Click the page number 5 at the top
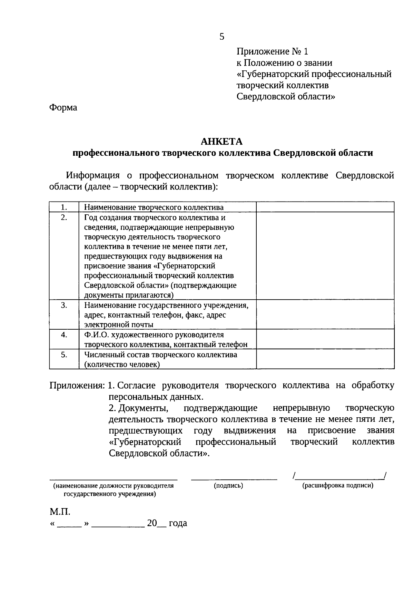[221, 37]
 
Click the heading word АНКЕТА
[222, 142]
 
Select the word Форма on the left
[63, 108]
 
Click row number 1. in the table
[64, 207]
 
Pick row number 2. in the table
[64, 217]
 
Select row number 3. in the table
[64, 305]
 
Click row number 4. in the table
[64, 335]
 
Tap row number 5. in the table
[64, 354]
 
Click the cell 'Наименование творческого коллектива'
[154, 207]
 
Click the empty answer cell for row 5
[325, 359]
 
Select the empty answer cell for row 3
[325, 314]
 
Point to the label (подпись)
[228, 486]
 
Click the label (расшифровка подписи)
[338, 486]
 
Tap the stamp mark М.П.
[60, 511]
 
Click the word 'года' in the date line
[178, 523]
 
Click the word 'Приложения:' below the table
[77, 386]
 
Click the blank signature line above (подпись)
[234, 478]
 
